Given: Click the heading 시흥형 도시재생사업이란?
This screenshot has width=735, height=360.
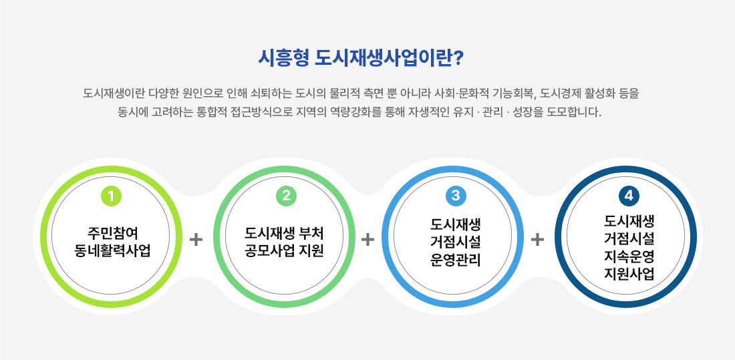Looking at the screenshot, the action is click(360, 58).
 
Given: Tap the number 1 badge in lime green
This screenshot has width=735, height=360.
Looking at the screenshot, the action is click(111, 196).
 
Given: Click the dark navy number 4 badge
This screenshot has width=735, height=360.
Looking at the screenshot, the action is click(629, 196).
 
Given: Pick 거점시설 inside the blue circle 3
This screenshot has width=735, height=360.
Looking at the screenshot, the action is click(455, 242).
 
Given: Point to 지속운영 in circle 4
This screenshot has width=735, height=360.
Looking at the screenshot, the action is click(629, 257).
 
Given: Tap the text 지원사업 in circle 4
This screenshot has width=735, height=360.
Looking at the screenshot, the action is click(629, 274).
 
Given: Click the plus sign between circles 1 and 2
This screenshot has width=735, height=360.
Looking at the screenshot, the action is click(196, 240).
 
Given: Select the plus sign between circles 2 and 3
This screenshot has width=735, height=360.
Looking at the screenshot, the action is click(368, 240).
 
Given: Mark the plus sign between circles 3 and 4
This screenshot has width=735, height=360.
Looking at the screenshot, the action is click(537, 240).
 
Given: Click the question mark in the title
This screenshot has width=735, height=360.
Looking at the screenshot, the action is click(459, 58).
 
